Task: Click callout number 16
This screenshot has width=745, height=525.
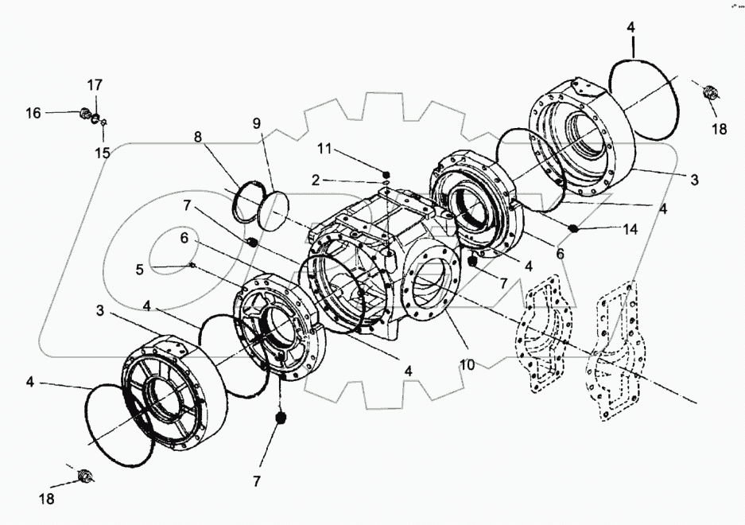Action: click(33, 113)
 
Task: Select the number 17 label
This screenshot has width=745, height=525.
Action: click(95, 84)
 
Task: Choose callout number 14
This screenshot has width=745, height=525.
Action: click(630, 230)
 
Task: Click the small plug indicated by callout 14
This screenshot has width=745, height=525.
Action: click(573, 229)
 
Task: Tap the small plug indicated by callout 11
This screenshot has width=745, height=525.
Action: click(386, 174)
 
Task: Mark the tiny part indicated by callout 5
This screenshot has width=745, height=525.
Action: click(192, 265)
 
